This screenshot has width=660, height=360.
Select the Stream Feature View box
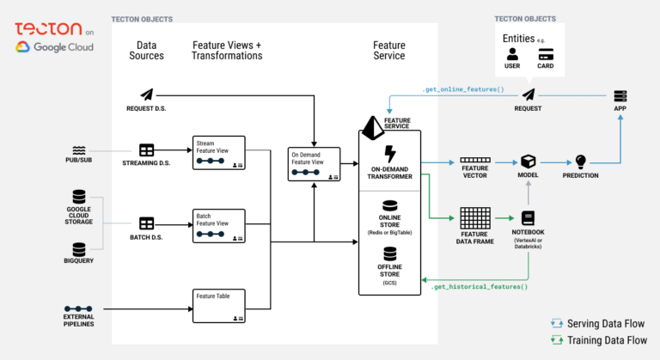219,152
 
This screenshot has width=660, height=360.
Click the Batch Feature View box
219,228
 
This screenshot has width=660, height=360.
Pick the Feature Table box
219,305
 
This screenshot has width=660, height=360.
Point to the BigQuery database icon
79,249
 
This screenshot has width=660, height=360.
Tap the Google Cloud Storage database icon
79,197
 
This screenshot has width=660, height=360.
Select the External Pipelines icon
79,308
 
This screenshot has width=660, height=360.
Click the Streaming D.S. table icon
147,151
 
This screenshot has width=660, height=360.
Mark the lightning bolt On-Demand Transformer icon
389,154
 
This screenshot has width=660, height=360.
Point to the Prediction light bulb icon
581,161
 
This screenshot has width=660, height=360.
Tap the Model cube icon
528,162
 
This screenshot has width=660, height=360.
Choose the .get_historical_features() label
480,286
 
